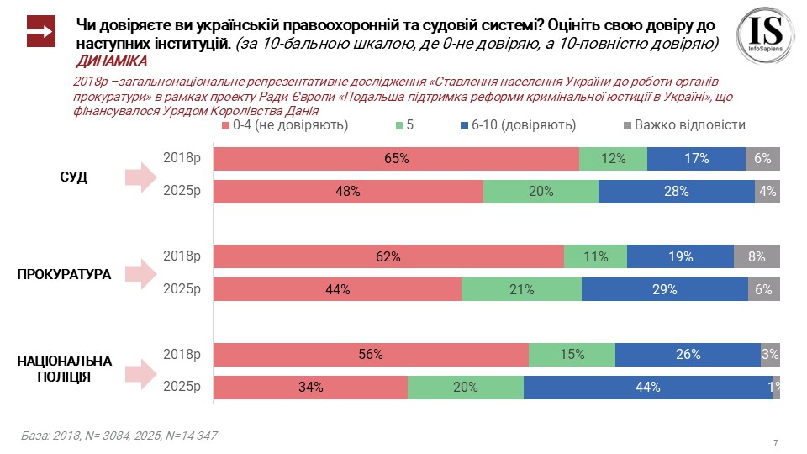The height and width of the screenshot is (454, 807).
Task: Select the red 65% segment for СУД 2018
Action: [396, 159]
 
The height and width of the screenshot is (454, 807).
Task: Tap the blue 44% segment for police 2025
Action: [647, 388]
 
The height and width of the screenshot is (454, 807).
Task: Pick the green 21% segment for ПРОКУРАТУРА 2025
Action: [521, 290]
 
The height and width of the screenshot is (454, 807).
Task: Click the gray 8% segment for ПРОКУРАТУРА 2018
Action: [757, 257]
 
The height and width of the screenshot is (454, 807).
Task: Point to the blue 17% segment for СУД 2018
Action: [696, 159]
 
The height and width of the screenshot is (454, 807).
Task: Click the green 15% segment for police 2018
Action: [572, 355]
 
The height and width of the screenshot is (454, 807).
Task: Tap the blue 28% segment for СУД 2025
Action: [676, 192]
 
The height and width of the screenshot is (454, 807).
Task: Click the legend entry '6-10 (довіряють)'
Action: [517, 125]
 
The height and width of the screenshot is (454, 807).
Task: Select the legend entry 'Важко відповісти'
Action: [683, 125]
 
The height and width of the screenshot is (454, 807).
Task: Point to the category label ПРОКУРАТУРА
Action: [64, 273]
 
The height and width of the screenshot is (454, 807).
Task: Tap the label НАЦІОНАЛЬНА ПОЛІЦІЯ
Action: [65, 369]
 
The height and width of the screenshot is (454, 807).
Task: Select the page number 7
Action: [774, 442]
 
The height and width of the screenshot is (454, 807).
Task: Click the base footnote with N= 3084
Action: [119, 436]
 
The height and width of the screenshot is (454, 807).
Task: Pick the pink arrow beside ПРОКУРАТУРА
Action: [140, 273]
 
